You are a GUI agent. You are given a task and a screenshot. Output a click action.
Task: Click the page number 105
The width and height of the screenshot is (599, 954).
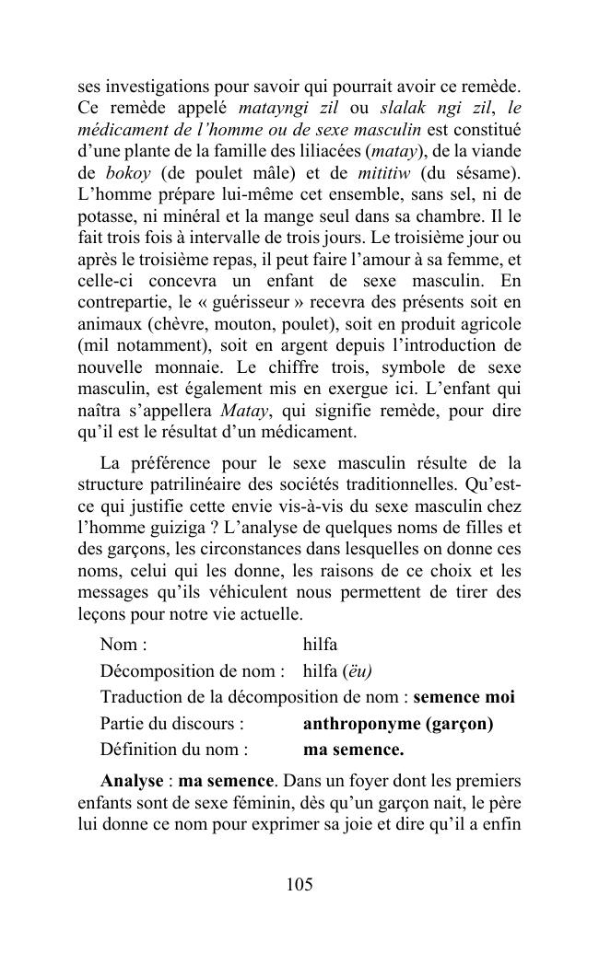point(299,885)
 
